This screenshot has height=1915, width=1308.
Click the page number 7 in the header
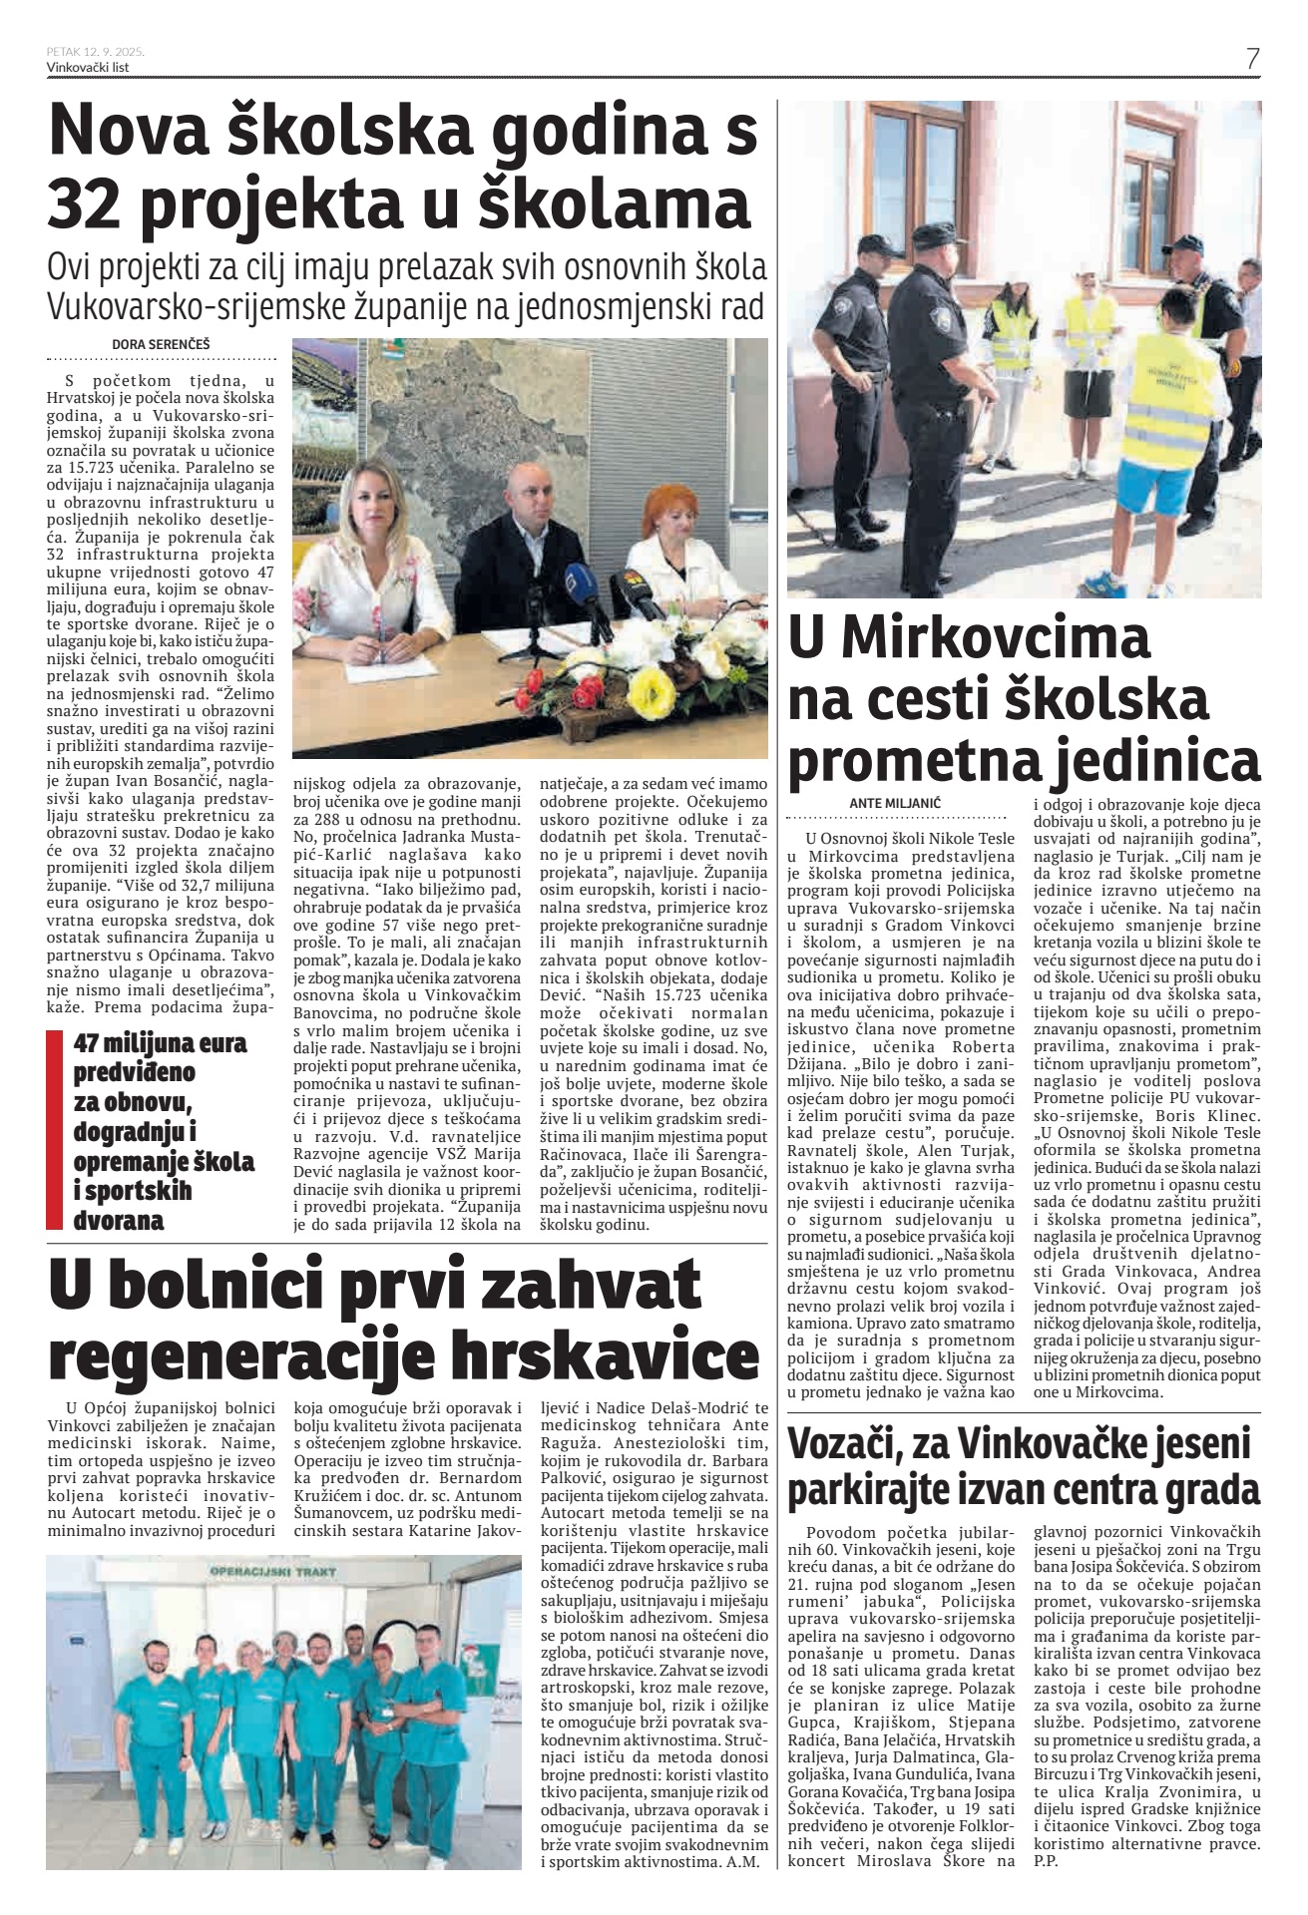click(1252, 59)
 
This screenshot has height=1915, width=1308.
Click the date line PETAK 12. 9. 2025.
click(96, 52)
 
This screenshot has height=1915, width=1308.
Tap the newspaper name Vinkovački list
click(88, 68)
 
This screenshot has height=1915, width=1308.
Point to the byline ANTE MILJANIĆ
click(895, 802)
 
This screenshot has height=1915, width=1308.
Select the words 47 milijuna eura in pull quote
click(160, 1043)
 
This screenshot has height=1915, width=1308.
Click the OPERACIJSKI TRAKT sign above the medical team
click(272, 1571)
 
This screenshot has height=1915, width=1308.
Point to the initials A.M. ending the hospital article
click(750, 1860)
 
